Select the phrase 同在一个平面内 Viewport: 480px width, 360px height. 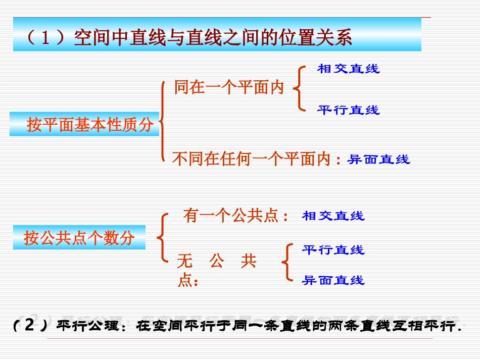(229, 87)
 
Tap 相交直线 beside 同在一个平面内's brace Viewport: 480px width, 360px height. (348, 69)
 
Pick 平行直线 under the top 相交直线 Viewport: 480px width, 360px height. (348, 110)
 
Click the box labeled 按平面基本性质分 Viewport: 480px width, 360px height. (84, 124)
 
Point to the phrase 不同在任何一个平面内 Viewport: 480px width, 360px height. (251, 160)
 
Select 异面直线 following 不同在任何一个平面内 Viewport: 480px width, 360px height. (379, 160)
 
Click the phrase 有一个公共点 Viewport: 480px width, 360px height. (230, 216)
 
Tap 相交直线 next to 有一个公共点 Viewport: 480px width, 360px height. (333, 216)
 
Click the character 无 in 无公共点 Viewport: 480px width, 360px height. (185, 262)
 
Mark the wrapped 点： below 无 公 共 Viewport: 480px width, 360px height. (188, 281)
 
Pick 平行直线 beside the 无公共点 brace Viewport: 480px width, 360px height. (333, 250)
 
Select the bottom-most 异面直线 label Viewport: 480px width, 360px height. (333, 280)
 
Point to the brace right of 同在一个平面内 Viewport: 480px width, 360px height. (299, 89)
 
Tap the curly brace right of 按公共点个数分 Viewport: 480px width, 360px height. (162, 237)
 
